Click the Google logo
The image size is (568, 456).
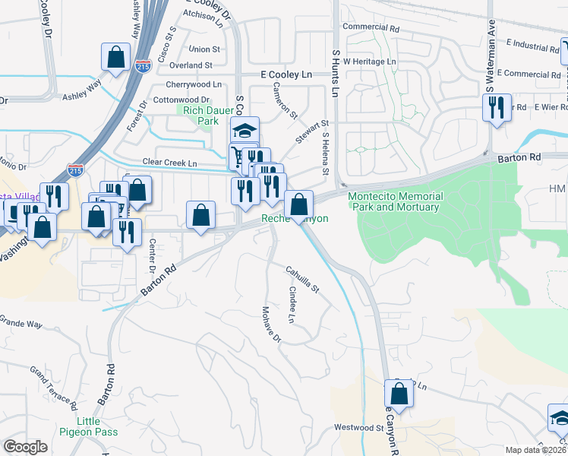(25, 447)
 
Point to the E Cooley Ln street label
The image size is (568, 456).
(286, 75)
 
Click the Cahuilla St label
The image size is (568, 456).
(303, 279)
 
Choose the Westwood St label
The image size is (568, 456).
(359, 428)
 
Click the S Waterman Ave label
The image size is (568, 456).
(491, 46)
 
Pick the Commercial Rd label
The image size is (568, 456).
(371, 27)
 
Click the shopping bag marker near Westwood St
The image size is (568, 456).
(399, 394)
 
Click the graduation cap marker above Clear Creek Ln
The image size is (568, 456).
(245, 130)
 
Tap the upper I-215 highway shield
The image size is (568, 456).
(141, 66)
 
